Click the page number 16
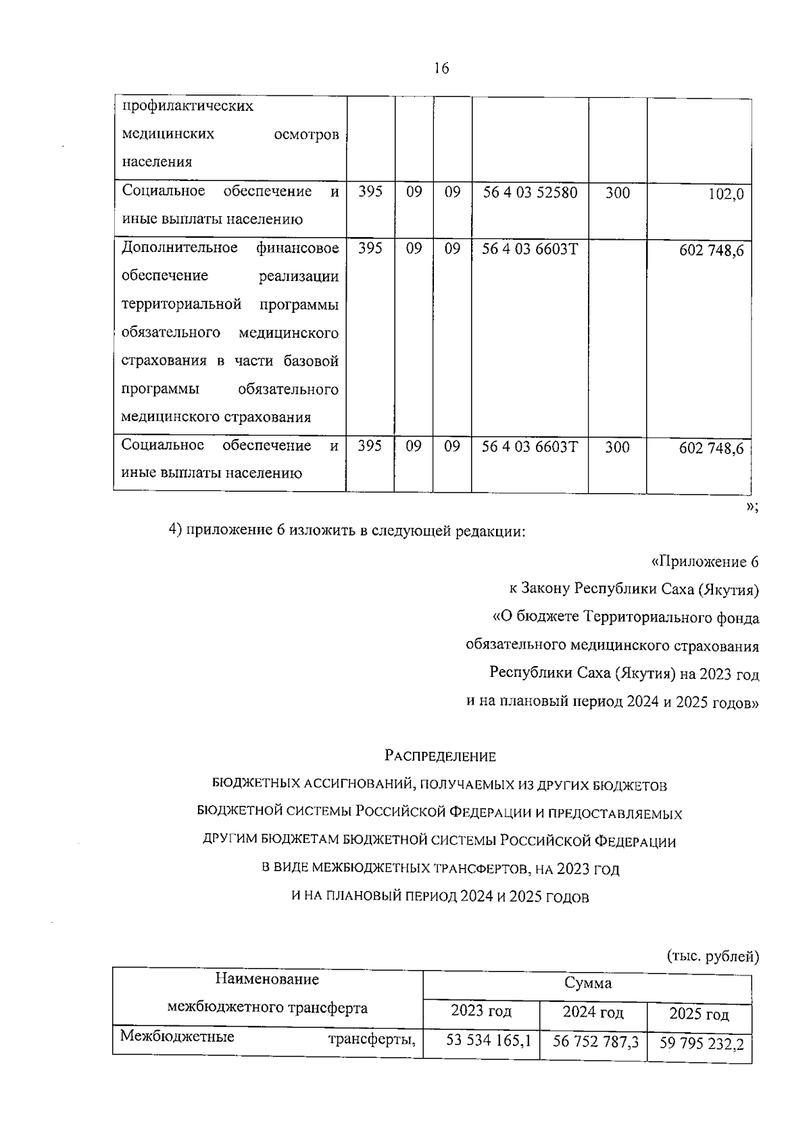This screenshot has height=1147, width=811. coord(441,68)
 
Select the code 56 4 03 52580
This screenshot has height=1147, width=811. coord(530,192)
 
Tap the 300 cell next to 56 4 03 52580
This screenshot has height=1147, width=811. coord(617,193)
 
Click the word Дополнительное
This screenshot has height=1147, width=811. coord(179,248)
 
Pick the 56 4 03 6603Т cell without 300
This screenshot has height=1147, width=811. coord(530,249)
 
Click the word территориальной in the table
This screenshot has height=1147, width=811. coord(181,305)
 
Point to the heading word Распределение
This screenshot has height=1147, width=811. coord(440,757)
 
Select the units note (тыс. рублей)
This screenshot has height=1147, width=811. coord(712,956)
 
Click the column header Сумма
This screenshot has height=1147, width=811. coord(587,983)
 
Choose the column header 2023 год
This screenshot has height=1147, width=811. coord(481,1011)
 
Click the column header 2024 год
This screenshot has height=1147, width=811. coord(593,1012)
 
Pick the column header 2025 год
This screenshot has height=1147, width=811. coord(699,1014)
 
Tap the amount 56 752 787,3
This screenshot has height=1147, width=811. coord(595,1042)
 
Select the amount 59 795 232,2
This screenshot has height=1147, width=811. coord(702,1044)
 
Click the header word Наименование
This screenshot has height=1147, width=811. coord(267,979)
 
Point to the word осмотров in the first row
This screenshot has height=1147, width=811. coord(307,135)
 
